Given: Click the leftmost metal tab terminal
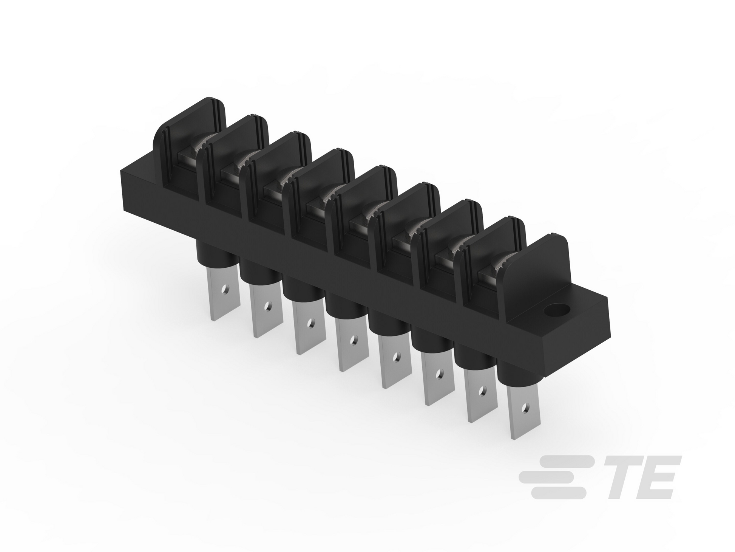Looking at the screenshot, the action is [224, 293].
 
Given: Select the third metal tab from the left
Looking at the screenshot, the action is [309, 326].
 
